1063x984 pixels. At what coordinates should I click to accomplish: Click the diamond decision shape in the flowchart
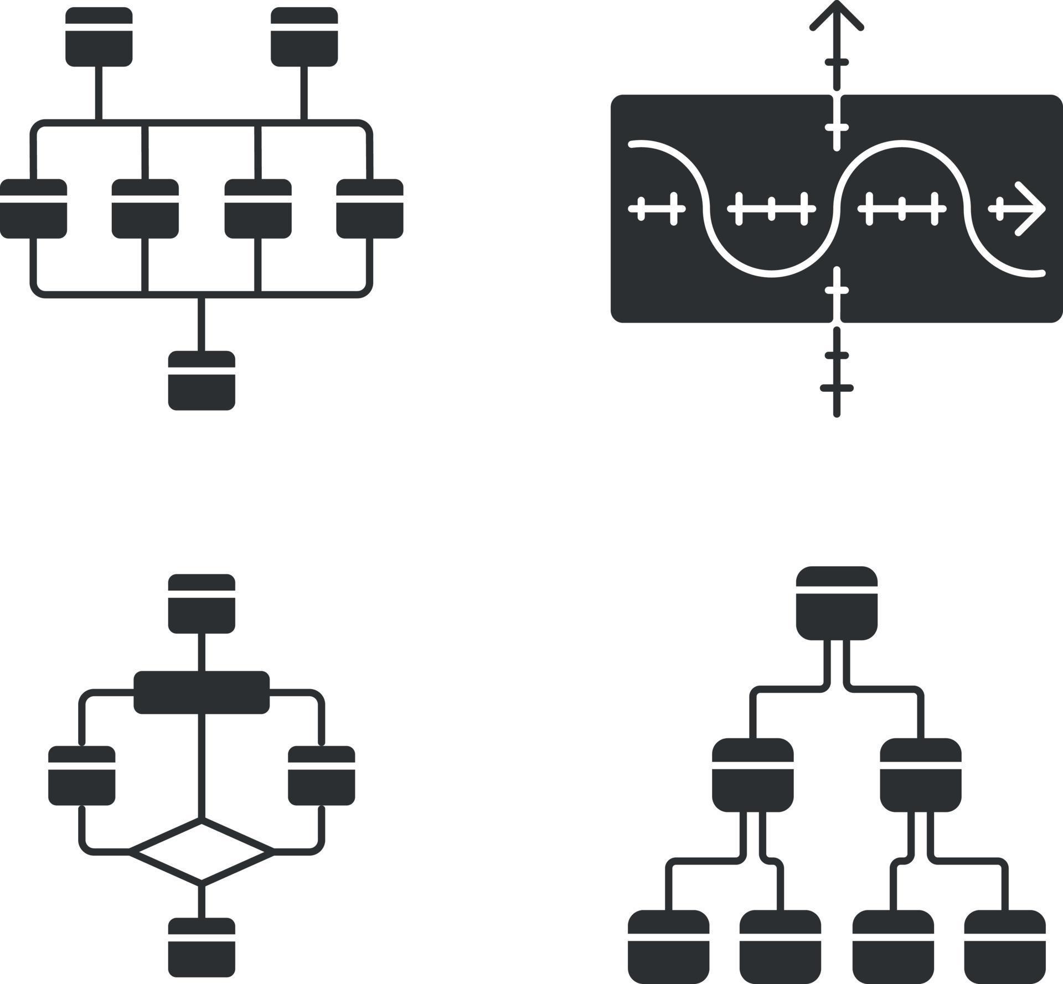click(202, 851)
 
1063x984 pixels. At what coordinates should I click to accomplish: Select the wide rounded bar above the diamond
click(202, 692)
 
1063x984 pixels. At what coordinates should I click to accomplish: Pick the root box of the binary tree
click(837, 603)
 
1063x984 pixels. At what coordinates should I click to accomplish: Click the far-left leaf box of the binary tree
click(668, 946)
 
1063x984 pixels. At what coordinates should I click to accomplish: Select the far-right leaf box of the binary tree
click(1005, 946)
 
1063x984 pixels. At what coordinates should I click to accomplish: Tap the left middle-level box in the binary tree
click(752, 775)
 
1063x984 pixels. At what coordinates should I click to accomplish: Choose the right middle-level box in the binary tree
click(921, 775)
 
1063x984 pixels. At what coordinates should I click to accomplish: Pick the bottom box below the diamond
click(202, 947)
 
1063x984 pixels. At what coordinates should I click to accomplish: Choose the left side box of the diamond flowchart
click(82, 775)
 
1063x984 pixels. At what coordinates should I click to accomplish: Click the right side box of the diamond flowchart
click(321, 775)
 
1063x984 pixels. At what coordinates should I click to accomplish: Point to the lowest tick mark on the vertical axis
click(837, 388)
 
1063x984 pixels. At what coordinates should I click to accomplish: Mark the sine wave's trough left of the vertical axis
click(771, 274)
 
